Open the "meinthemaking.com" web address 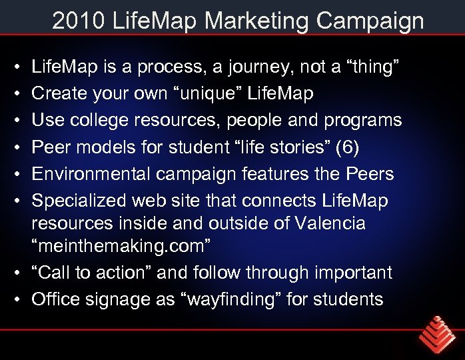coord(122,246)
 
